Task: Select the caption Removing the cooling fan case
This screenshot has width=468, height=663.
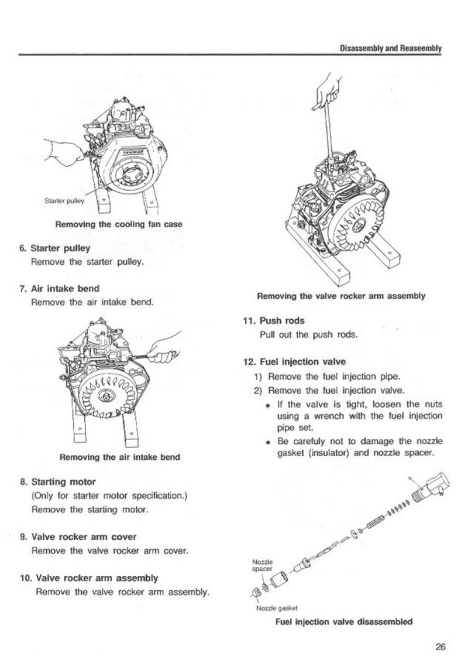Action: point(119,224)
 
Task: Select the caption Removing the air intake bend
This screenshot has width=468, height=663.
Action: point(120,456)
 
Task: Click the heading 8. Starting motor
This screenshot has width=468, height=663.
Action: point(57,483)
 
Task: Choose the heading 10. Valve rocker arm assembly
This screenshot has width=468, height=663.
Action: point(89,578)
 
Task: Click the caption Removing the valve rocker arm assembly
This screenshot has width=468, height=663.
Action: point(341,296)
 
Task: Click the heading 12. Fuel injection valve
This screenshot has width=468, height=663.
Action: point(294,362)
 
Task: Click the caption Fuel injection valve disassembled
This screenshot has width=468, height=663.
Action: point(343,621)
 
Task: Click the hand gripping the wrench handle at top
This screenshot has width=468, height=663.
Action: point(324,92)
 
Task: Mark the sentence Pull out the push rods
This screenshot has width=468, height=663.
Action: point(308,335)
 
